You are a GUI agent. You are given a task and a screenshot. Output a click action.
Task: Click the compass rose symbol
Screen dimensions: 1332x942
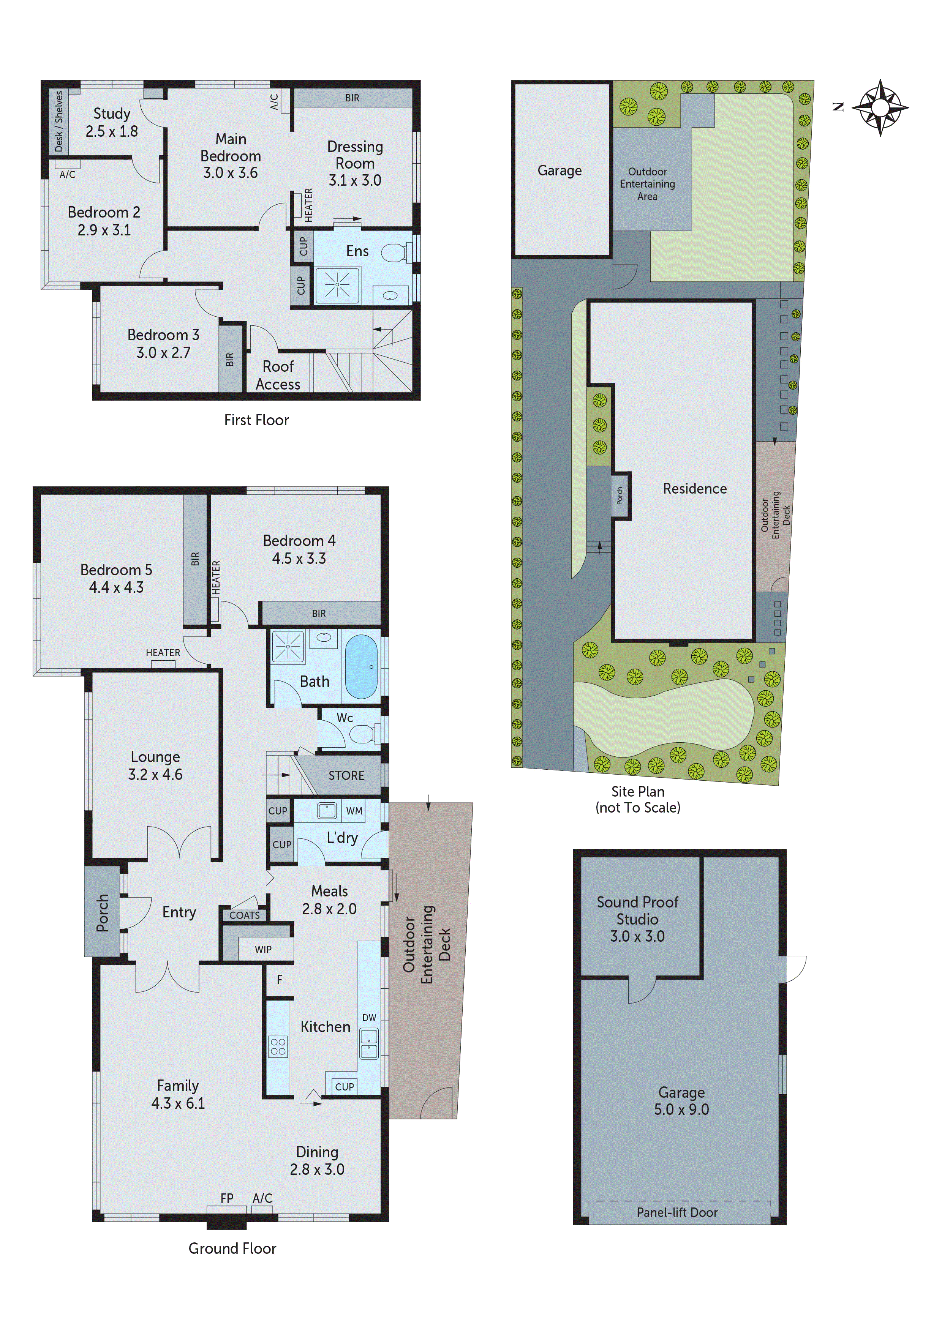coord(880,107)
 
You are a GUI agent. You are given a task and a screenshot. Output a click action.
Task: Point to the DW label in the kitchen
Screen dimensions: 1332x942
coord(369,1018)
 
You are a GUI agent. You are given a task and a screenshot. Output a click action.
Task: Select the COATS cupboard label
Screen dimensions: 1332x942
coord(244,915)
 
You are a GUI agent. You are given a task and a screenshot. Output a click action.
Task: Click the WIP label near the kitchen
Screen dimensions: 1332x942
coord(263,950)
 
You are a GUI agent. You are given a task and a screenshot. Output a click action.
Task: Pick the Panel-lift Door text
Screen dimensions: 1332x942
coord(677,1212)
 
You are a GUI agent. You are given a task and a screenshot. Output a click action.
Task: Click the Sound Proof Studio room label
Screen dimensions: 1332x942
coord(637,919)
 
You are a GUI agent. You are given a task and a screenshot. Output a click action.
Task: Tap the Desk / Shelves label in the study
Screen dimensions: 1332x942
coord(58,121)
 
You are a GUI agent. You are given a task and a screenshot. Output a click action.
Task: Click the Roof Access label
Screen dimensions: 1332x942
coord(278,376)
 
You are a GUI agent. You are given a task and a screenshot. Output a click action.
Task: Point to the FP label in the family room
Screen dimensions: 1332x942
coord(227,1198)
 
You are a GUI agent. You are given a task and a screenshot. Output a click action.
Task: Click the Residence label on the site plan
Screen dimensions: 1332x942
coord(695,488)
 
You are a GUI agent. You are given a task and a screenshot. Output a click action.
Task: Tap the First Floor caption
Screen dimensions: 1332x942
coord(256,420)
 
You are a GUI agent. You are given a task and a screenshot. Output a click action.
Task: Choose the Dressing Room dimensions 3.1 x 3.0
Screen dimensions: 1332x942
coord(355,180)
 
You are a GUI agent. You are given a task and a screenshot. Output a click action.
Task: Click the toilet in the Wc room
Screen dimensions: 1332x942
coord(362,735)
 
